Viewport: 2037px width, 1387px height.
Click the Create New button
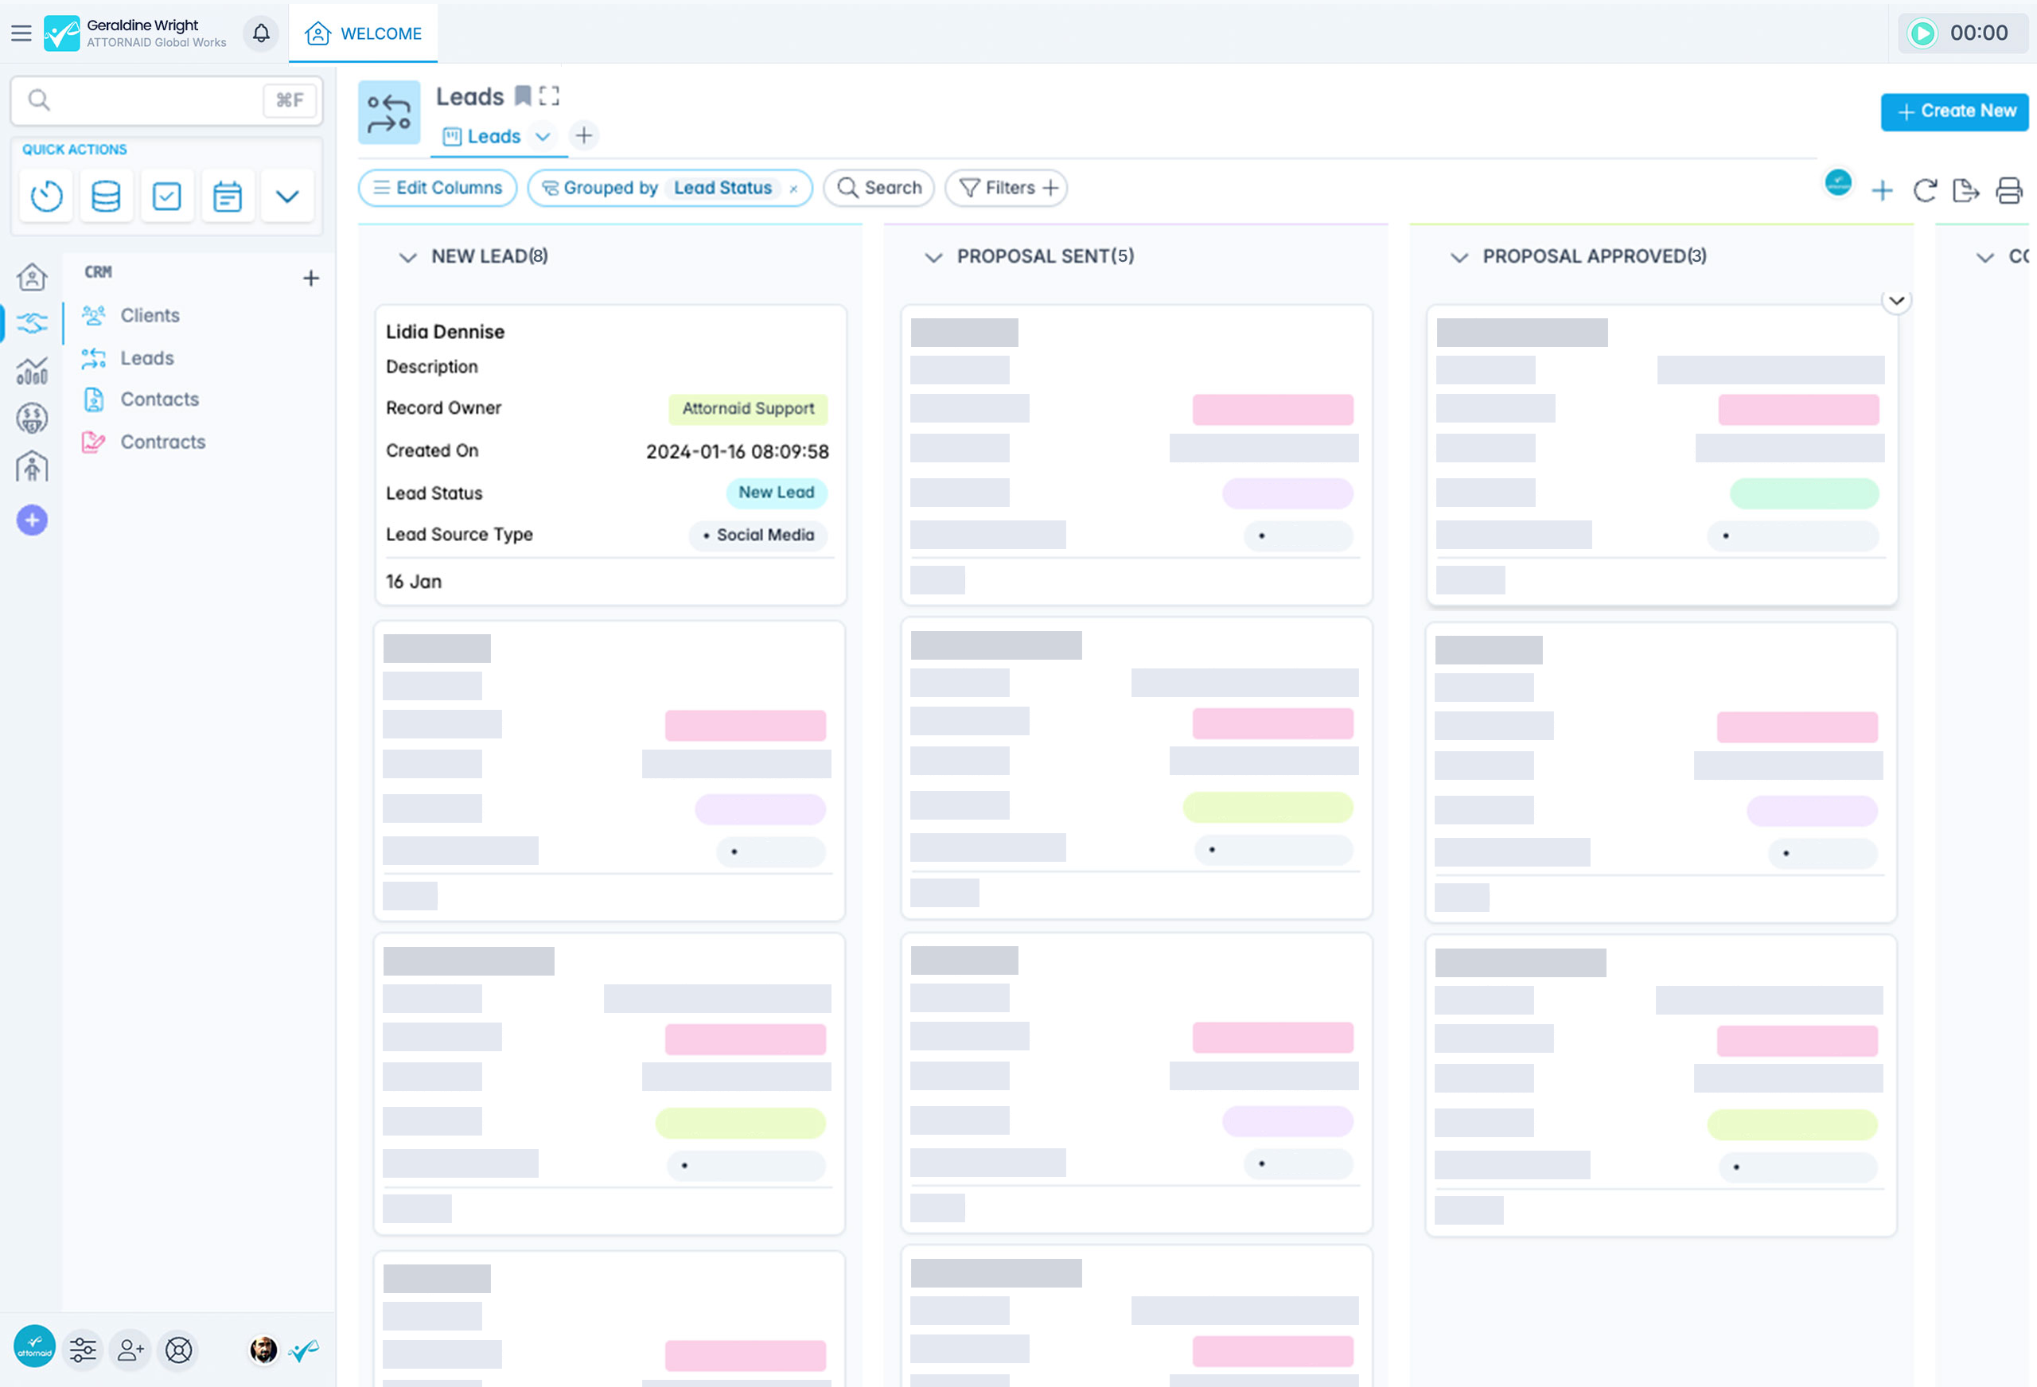coord(1953,111)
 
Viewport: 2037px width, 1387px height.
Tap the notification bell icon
coord(261,33)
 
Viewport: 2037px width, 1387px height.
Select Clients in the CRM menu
coord(149,316)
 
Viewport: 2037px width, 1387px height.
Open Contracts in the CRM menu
coord(162,442)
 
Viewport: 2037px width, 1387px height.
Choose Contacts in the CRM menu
coord(158,399)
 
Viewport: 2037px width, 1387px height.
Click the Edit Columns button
coord(438,188)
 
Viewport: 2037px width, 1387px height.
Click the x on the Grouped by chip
coord(793,189)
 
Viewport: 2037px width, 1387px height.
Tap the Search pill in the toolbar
coord(879,188)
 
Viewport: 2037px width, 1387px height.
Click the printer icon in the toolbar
coord(2008,190)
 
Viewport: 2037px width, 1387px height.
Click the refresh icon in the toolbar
coord(1925,190)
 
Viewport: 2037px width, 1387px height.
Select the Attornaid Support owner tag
coord(748,408)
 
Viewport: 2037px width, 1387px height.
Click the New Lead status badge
coord(776,493)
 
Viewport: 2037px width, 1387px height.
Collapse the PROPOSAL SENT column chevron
coord(933,257)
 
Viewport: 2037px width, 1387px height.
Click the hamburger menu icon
coord(21,33)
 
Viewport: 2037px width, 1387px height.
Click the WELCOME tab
coord(364,33)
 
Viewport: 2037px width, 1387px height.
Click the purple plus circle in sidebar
coord(33,520)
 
